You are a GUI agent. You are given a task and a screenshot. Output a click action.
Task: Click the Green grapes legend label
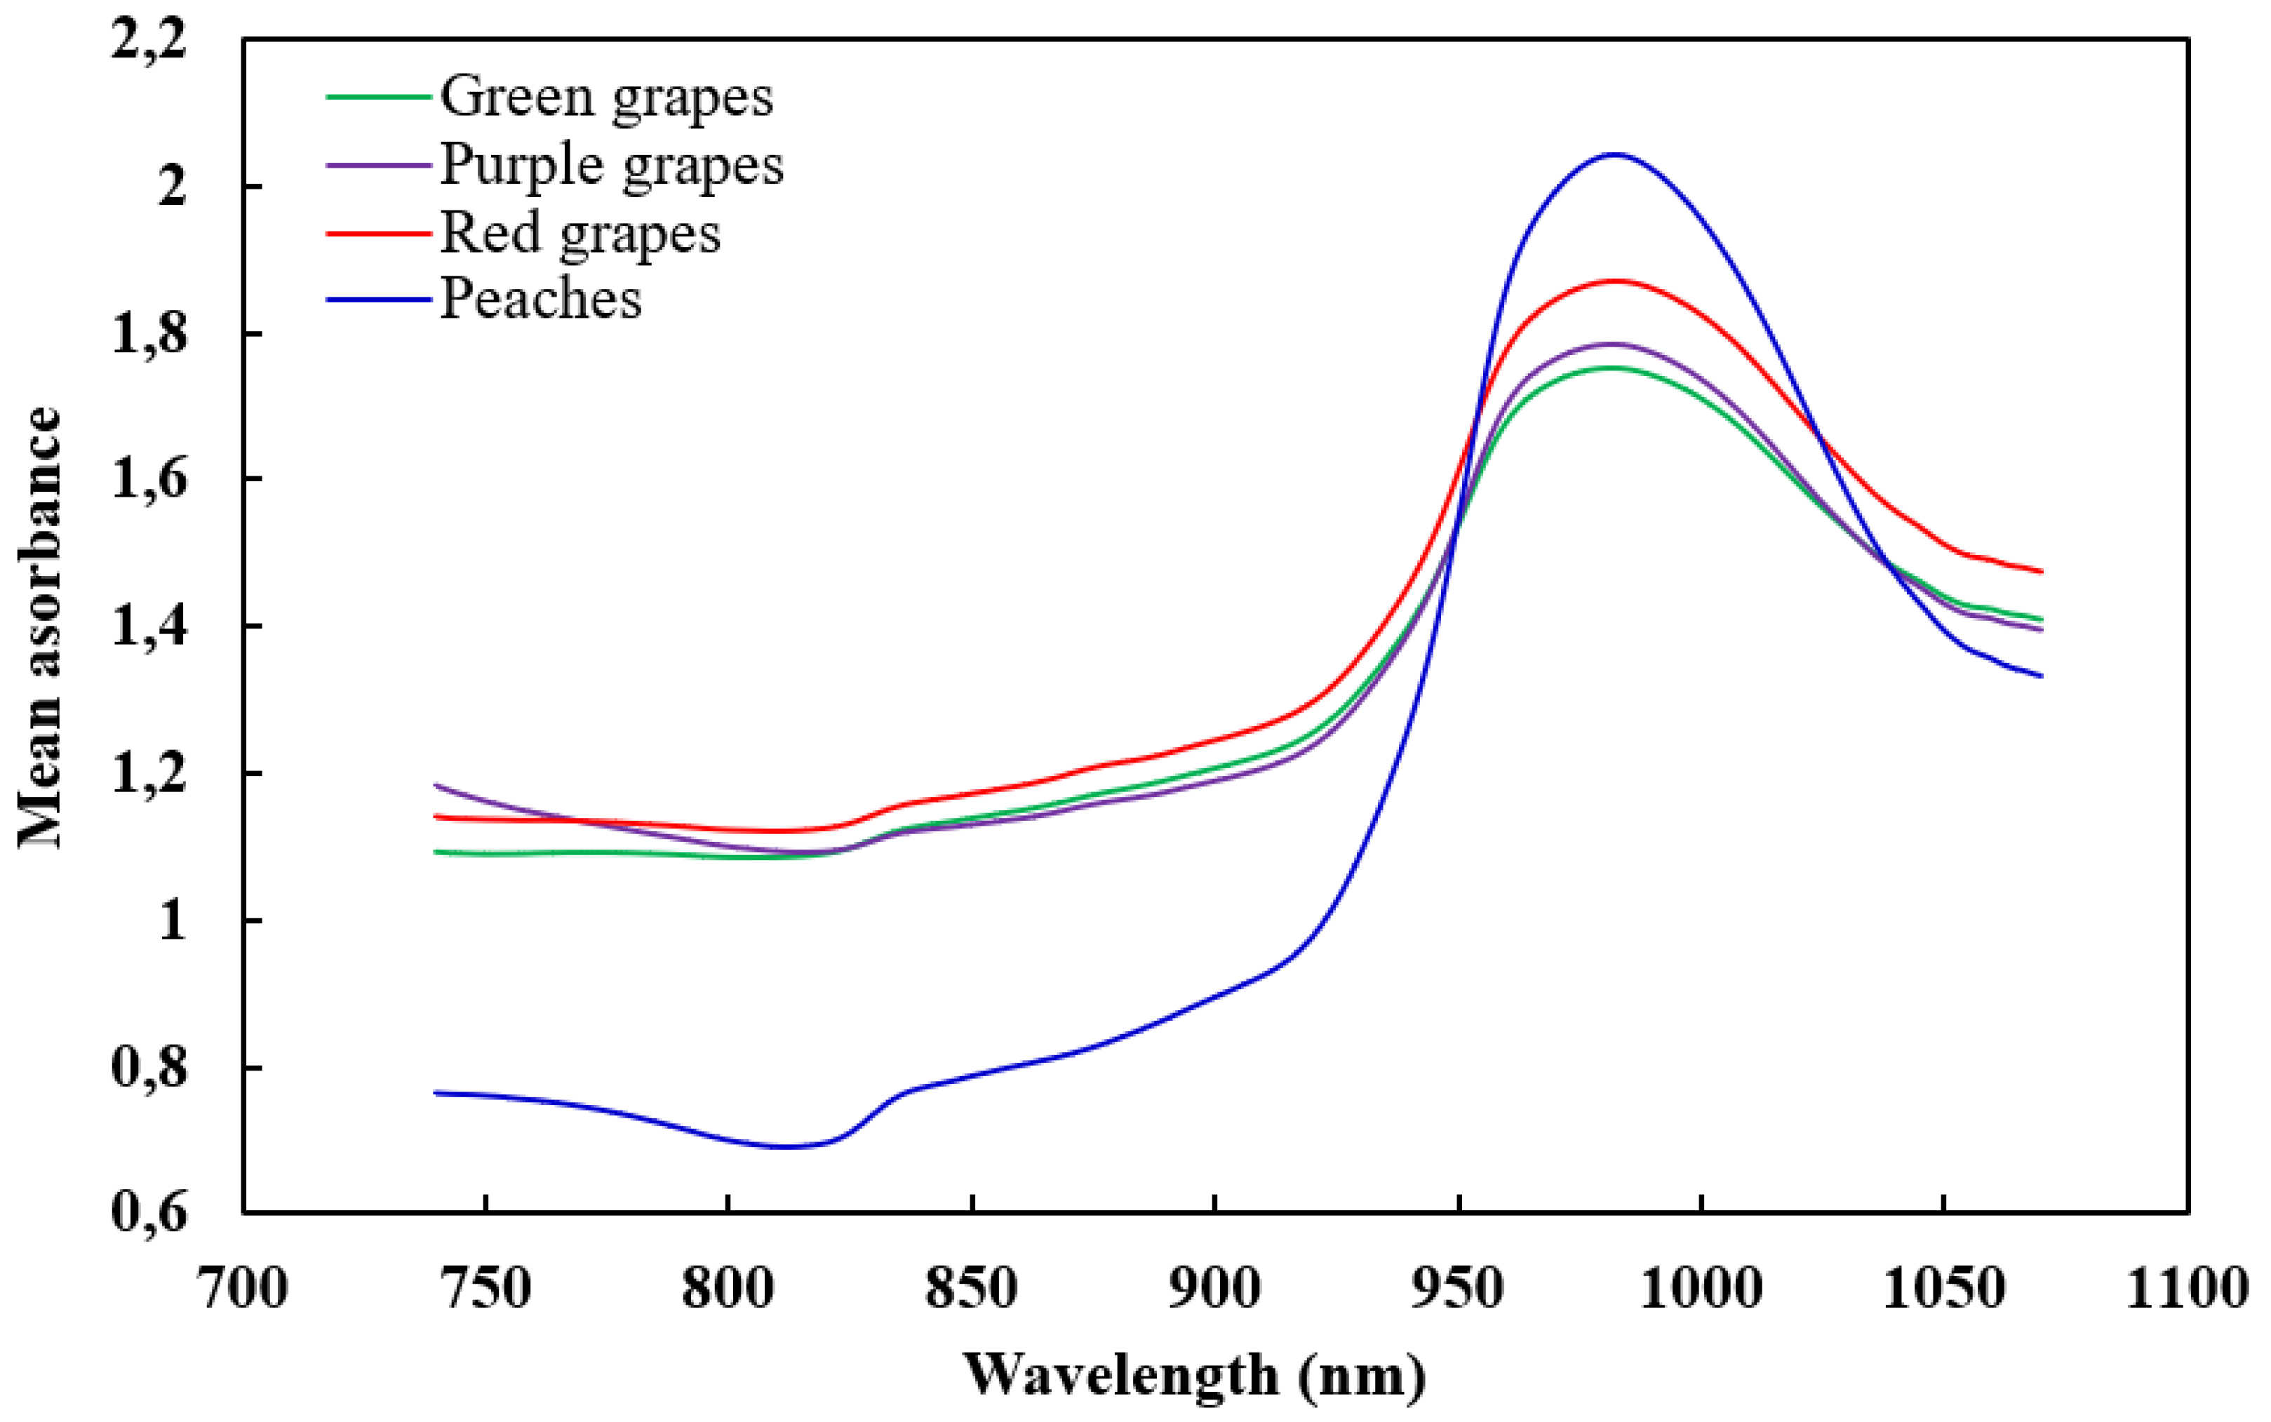coord(607,96)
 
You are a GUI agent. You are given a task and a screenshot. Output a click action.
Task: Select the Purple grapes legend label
coord(611,165)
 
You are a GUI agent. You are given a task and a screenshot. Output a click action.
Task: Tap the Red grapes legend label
coord(580,232)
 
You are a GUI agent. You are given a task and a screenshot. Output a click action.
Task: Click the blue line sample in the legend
coord(378,300)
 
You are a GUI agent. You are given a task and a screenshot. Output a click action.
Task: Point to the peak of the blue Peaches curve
coord(1614,154)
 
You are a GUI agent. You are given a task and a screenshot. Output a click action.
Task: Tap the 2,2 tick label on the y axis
coord(149,41)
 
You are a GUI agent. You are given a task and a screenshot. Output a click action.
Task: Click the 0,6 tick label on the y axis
coord(149,1212)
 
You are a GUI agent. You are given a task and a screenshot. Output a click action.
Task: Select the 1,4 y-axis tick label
coord(149,626)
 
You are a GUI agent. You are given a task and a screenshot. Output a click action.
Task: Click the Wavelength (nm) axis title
coord(1194,1376)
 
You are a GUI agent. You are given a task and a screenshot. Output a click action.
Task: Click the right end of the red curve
coord(2042,571)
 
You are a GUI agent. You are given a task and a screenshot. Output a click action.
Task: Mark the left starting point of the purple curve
coord(434,784)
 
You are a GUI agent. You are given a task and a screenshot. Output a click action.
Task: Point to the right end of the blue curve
coord(2042,676)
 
